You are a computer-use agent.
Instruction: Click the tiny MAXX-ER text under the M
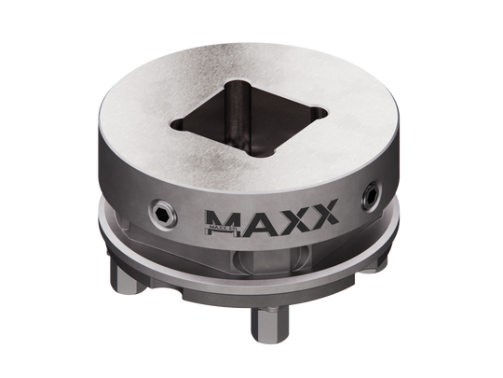[x=216, y=227]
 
